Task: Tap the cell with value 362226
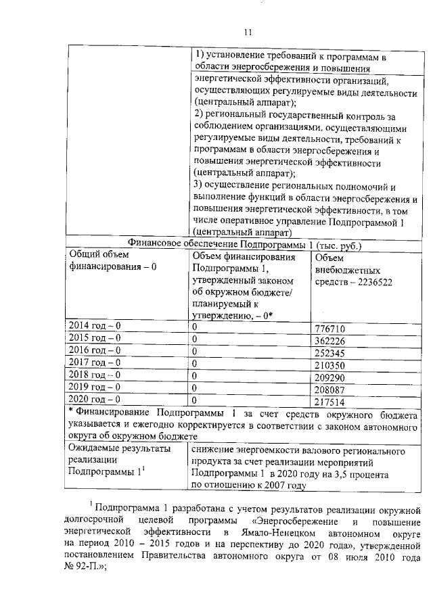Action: pos(331,339)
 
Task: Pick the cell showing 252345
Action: pos(331,352)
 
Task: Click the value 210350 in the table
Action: pos(331,364)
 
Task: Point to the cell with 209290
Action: pos(331,376)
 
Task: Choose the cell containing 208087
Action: pos(331,388)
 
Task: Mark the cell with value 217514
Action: pos(331,400)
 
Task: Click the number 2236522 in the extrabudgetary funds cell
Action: pos(371,282)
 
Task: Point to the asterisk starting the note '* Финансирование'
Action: pos(70,412)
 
